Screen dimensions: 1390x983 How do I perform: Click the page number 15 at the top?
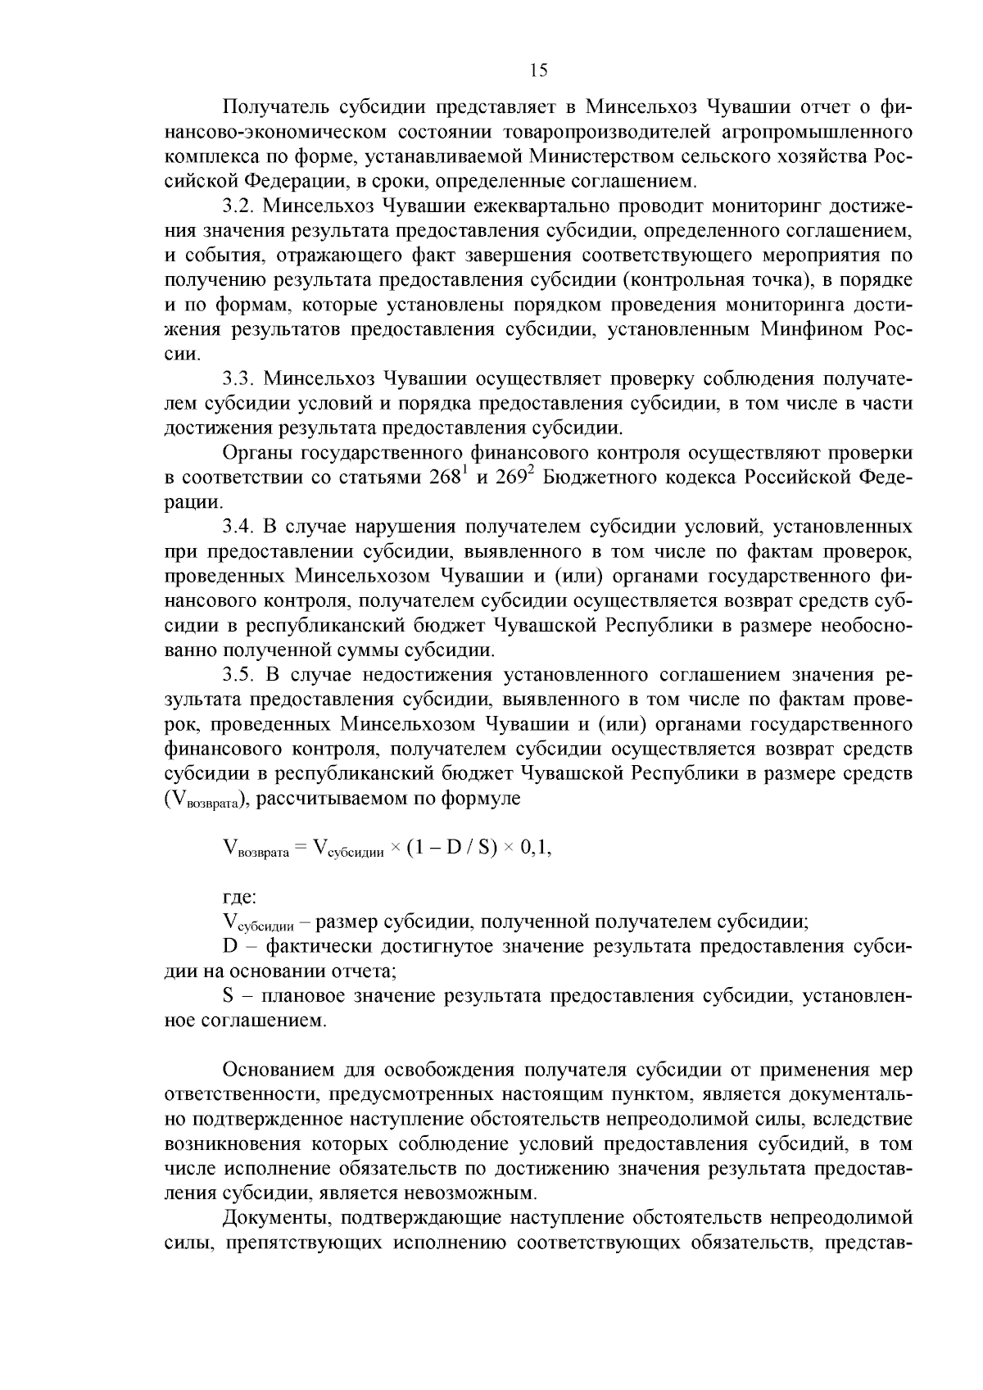[538, 70]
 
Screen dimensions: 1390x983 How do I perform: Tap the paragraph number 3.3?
[237, 378]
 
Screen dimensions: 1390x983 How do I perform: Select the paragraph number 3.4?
[237, 527]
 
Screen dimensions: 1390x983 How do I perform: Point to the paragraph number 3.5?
[237, 675]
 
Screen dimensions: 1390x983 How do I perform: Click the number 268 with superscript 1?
[446, 478]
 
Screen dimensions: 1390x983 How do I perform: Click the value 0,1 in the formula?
[534, 848]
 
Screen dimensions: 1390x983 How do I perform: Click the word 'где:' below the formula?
[239, 898]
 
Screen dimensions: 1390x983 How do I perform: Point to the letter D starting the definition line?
[229, 947]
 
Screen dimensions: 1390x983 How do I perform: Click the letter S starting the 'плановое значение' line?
[229, 997]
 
